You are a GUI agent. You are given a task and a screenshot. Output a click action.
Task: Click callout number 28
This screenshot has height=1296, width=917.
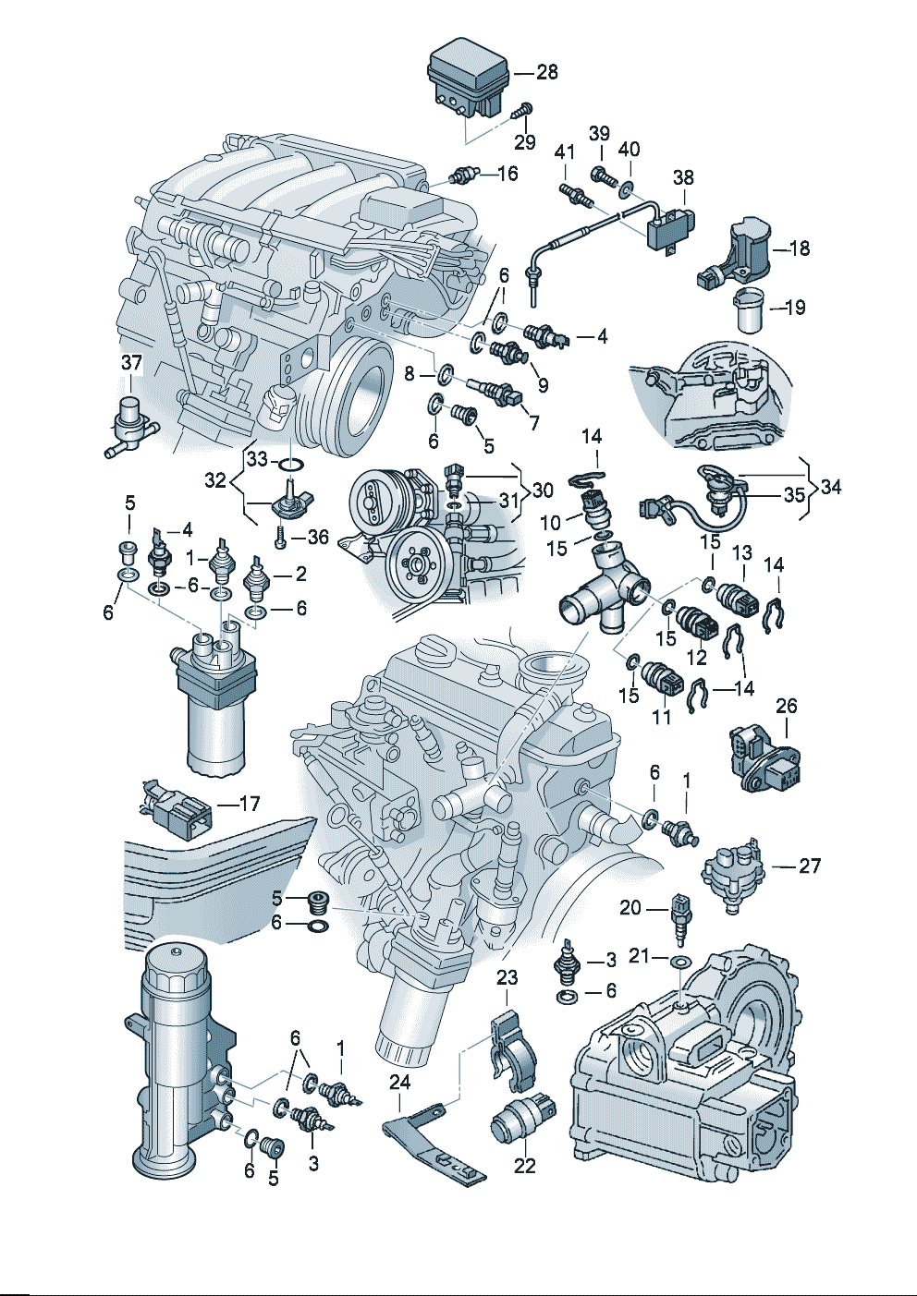click(x=547, y=72)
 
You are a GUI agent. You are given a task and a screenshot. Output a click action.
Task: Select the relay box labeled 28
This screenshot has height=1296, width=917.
click(x=468, y=79)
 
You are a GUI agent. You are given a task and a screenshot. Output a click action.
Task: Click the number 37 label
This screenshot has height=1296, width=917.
click(x=132, y=363)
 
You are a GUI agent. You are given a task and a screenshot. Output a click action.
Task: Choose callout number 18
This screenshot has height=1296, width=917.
click(x=800, y=248)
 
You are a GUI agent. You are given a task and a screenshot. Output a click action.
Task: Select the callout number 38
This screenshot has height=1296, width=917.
click(x=683, y=177)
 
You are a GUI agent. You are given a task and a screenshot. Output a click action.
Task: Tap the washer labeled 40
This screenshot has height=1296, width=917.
click(x=628, y=189)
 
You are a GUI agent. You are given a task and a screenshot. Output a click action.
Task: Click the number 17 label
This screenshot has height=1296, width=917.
click(x=250, y=804)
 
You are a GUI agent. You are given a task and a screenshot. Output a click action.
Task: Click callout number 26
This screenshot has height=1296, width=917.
click(x=787, y=706)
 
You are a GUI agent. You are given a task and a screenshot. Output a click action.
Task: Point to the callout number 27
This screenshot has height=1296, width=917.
click(x=810, y=866)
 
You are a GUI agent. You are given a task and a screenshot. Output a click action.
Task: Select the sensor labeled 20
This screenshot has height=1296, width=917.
click(x=680, y=916)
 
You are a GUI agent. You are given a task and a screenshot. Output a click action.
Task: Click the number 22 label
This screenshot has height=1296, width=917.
click(x=524, y=1166)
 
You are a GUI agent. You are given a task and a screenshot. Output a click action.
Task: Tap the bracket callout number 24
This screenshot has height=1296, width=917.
click(x=399, y=1080)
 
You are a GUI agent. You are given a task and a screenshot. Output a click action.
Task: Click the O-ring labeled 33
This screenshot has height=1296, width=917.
click(x=289, y=461)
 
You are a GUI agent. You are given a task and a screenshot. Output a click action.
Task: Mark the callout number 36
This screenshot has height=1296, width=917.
click(x=317, y=538)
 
